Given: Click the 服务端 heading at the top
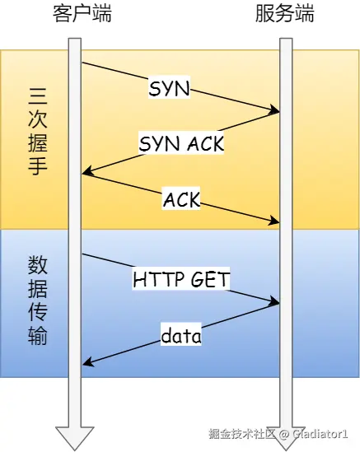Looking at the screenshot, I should [285, 15].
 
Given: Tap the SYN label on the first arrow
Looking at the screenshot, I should [169, 88].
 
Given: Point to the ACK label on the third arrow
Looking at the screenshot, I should [181, 198].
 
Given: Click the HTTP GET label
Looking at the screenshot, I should [181, 280].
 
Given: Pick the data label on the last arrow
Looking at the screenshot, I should [181, 336].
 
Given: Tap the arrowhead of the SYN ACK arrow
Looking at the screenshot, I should [86, 173].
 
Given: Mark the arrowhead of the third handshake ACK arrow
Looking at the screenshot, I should [276, 221].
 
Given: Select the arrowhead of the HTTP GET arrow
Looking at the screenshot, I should [276, 303].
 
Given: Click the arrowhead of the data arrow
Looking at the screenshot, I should [86, 364].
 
